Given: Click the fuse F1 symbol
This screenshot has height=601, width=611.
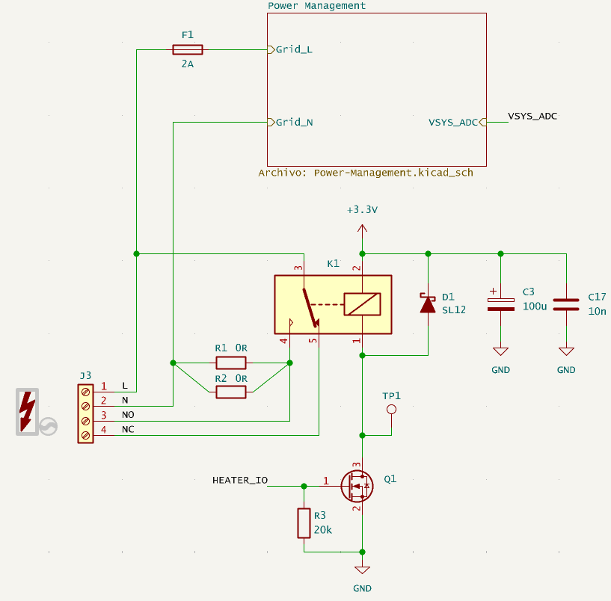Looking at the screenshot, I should click(187, 50).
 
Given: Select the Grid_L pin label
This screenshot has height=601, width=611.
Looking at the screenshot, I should click(294, 50).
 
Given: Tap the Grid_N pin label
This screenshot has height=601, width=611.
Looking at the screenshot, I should click(294, 122).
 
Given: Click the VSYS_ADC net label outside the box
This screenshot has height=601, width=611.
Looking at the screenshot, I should click(532, 116).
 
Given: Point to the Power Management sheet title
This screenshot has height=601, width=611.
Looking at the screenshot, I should click(316, 6).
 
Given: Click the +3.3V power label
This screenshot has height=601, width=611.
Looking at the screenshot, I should click(362, 210).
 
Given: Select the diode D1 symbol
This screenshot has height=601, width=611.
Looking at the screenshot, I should click(427, 304).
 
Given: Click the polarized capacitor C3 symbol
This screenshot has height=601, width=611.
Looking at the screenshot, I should click(500, 304).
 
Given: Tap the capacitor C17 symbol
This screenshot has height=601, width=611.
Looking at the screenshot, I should click(566, 304).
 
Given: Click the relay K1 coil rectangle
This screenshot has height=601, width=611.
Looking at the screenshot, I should click(362, 304).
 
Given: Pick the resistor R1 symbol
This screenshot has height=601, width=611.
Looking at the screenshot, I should click(230, 363).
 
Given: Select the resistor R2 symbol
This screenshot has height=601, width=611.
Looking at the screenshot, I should click(230, 392).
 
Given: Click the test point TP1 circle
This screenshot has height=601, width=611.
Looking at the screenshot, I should click(390, 410).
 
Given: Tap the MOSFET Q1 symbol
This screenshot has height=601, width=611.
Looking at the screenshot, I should click(356, 486).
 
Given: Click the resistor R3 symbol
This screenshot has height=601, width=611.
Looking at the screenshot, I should click(304, 523).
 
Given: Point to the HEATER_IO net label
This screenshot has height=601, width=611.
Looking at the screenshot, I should click(240, 480).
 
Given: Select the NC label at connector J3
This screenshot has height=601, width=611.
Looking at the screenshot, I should click(128, 430).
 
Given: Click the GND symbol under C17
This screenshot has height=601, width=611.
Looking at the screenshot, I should click(566, 352).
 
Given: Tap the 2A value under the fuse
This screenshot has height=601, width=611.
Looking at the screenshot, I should click(187, 65).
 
